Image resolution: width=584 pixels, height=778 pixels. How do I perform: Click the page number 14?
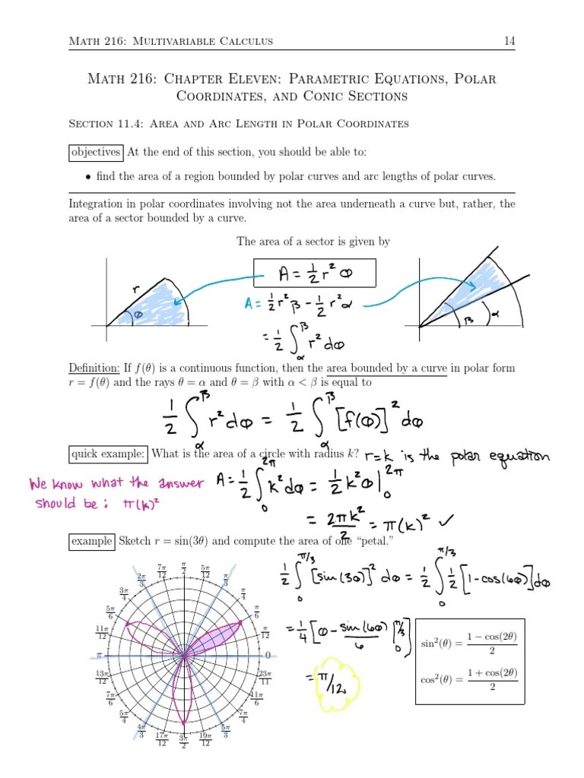(509, 40)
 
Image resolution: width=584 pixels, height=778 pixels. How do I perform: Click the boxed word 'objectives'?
(95, 152)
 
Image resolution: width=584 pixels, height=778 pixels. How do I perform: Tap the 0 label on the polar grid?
(267, 655)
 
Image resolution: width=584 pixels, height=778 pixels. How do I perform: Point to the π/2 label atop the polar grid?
(184, 568)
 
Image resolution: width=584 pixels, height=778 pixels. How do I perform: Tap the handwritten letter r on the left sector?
(135, 289)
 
